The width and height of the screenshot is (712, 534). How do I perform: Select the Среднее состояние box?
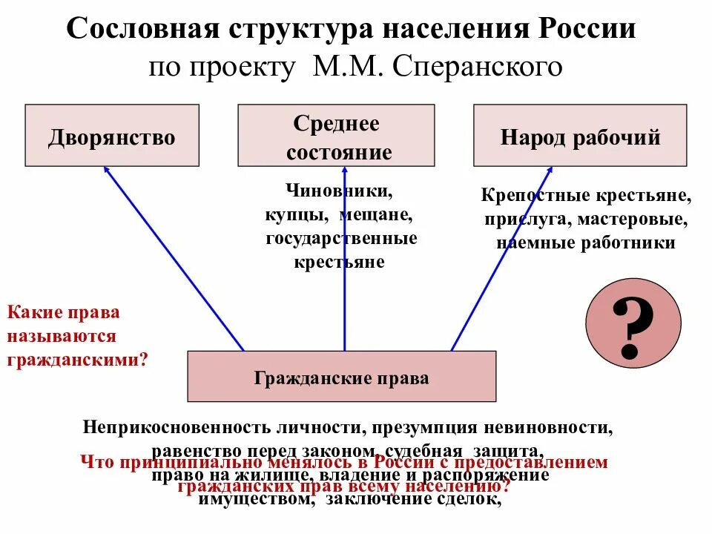[343, 137]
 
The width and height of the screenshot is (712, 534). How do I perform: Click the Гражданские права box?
[341, 378]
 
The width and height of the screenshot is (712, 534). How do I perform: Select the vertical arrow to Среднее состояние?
[345, 260]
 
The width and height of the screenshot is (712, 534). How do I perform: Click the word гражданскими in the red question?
[77, 360]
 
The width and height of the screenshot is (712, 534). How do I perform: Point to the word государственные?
[342, 238]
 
